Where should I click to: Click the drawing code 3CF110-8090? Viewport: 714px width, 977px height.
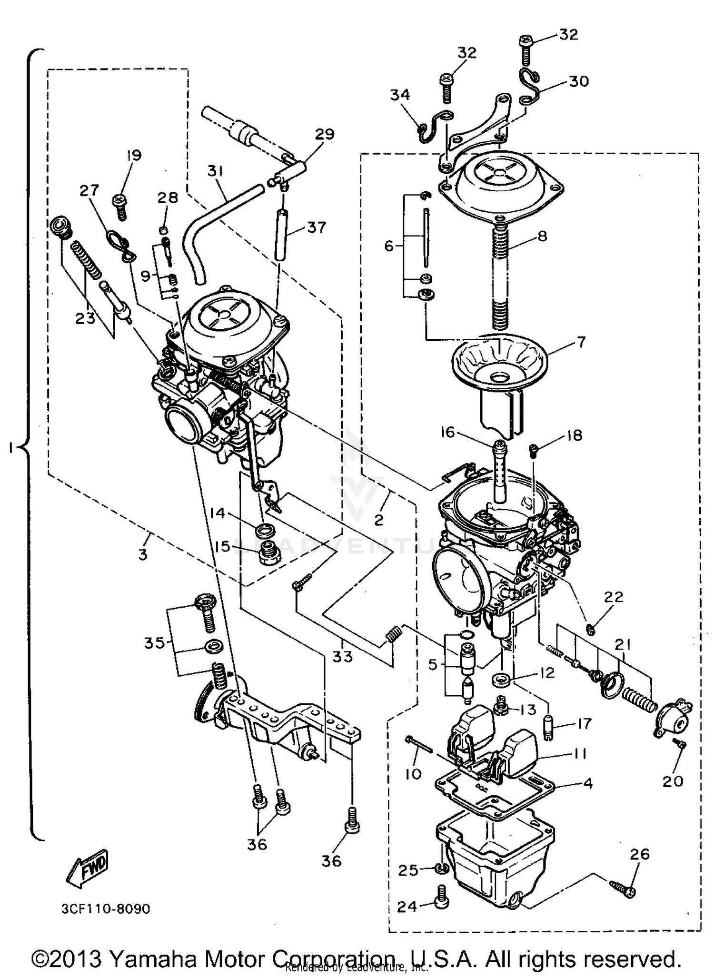[106, 909]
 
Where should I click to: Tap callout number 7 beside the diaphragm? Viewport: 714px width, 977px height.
[581, 342]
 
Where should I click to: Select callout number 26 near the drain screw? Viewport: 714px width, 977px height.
[639, 854]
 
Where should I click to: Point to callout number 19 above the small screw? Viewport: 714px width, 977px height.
[134, 156]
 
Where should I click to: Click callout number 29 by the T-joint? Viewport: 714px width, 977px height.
[325, 134]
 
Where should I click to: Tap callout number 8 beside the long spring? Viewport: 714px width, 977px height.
[542, 236]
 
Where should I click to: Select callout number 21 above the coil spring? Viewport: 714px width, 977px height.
[623, 645]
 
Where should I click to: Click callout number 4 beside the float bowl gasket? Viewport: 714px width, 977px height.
[588, 783]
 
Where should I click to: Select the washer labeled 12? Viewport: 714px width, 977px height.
[501, 679]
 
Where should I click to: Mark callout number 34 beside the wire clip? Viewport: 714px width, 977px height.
[400, 95]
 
